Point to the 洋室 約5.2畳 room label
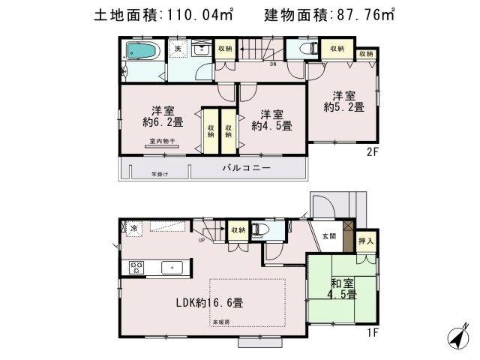pyautogui.click(x=346, y=101)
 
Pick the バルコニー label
pyautogui.click(x=243, y=168)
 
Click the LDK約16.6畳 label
pyautogui.click(x=209, y=303)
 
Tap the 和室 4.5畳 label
pyautogui.click(x=341, y=289)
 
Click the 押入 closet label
pyautogui.click(x=365, y=241)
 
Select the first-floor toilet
pyautogui.click(x=258, y=229)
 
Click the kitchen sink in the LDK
pyautogui.click(x=169, y=266)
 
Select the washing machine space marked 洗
pyautogui.click(x=178, y=49)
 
